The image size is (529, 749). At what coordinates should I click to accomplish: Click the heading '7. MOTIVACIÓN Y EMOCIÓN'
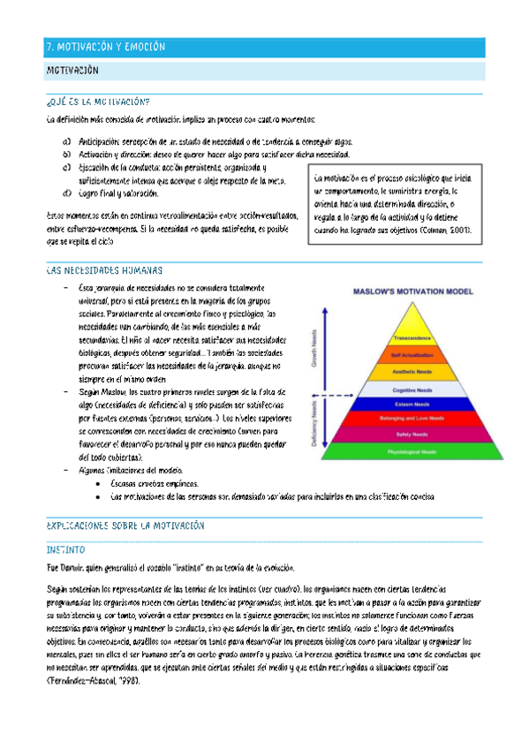[x=105, y=47]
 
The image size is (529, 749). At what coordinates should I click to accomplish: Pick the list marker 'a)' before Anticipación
[x=67, y=141]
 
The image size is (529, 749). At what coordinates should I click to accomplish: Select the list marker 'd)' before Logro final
[x=67, y=193]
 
